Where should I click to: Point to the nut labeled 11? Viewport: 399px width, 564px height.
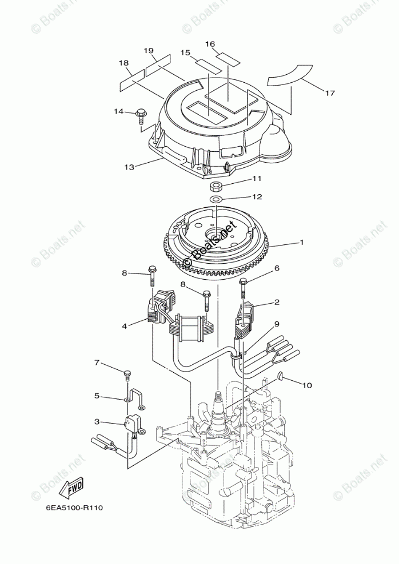(x=216, y=186)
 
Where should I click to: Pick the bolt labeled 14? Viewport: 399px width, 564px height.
(x=141, y=114)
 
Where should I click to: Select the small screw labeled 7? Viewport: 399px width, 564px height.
(x=126, y=374)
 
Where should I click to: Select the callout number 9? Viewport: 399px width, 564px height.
(x=277, y=324)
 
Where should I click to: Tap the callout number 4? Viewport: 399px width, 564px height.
(x=125, y=326)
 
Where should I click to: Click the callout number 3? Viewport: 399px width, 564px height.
(x=97, y=421)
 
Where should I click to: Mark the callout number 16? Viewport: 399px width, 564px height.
(x=210, y=44)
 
